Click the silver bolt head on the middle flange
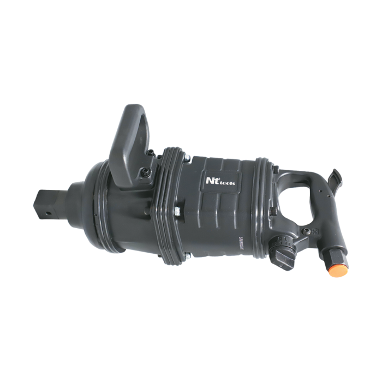click(x=177, y=210)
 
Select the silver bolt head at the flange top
click(x=187, y=159)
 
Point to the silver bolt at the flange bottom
click(x=187, y=254)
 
